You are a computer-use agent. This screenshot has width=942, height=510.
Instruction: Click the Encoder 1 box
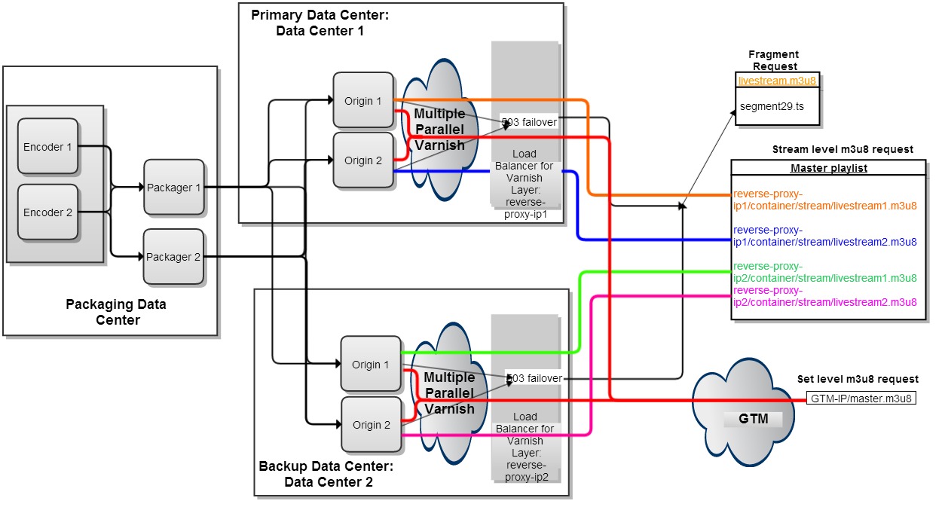click(x=47, y=147)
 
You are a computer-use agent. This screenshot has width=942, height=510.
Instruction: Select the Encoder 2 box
click(x=47, y=212)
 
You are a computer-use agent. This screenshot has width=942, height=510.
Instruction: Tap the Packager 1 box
click(x=174, y=188)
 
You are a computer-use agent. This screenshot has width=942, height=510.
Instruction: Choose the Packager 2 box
click(x=174, y=257)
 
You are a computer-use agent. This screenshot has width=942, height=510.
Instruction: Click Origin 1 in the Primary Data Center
click(x=363, y=100)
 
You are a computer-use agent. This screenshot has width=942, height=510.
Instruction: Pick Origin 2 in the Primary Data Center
click(x=363, y=160)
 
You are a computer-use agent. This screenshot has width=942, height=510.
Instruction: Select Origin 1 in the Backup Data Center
click(x=371, y=365)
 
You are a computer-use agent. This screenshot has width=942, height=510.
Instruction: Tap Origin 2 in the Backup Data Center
click(x=372, y=425)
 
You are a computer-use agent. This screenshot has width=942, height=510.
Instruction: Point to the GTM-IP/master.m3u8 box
click(x=861, y=399)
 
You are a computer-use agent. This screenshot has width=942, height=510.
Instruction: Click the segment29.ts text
click(x=772, y=106)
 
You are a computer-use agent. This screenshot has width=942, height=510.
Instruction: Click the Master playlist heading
click(x=828, y=168)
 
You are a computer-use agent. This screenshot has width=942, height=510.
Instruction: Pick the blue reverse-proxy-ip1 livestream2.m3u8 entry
click(x=824, y=236)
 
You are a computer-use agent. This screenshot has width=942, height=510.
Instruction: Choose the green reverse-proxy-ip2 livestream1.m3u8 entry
click(x=824, y=272)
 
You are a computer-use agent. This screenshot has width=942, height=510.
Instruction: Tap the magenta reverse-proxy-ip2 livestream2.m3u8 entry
click(x=824, y=296)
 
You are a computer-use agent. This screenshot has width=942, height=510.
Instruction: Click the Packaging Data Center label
click(x=116, y=312)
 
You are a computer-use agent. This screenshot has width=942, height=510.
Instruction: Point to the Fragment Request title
click(x=773, y=60)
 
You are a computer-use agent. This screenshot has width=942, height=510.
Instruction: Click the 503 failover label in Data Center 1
click(x=528, y=122)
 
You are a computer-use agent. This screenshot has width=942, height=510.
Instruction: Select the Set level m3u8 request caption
click(x=858, y=379)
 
